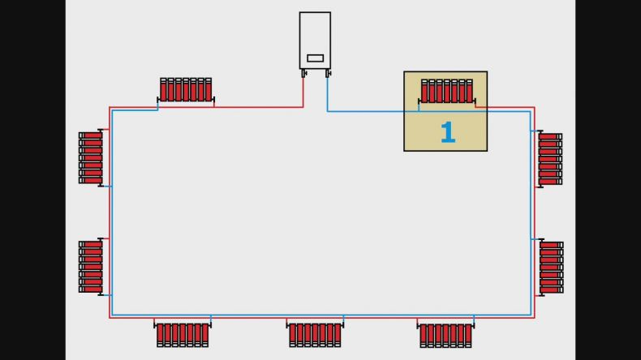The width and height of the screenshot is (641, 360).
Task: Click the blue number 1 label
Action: click(448, 132)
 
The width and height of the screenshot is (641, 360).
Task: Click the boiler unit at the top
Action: click(315, 41)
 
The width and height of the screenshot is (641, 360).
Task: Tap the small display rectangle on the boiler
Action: click(315, 58)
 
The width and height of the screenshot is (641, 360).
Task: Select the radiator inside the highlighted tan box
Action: click(447, 91)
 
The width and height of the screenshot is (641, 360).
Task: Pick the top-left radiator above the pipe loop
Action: click(186, 90)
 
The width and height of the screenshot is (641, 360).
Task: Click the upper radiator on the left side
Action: click(91, 158)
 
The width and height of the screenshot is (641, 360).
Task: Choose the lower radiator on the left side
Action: click(91, 267)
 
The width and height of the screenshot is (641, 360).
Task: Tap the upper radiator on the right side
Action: click(549, 159)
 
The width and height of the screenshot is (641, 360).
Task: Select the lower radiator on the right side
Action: click(551, 268)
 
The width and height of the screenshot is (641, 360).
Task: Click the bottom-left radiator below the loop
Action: click(183, 335)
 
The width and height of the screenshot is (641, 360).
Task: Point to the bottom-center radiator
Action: click(315, 335)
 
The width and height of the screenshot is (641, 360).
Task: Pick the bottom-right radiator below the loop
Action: click(445, 335)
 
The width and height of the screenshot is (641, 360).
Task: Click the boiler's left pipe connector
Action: click(303, 74)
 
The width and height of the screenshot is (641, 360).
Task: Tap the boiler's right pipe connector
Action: click(328, 74)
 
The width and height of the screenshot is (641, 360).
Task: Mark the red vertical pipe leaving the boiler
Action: click(303, 92)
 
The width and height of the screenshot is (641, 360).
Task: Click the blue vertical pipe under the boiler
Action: click(327, 94)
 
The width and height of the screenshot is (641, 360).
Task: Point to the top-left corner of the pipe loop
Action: click(110, 108)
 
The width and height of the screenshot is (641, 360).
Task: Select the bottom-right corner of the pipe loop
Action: click(534, 317)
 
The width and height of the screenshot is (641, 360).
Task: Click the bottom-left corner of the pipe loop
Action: click(110, 317)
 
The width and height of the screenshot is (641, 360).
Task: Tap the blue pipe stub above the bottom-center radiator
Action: click(343, 320)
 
